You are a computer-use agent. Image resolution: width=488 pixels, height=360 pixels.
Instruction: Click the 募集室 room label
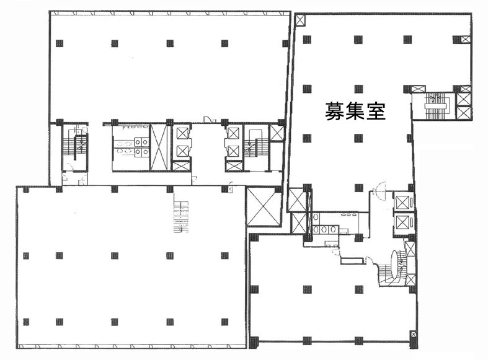[355, 111]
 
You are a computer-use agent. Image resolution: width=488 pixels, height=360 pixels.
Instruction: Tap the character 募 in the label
[335, 111]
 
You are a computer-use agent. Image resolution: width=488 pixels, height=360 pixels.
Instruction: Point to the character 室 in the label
[376, 111]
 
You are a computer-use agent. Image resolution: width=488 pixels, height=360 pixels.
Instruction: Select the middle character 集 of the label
[355, 111]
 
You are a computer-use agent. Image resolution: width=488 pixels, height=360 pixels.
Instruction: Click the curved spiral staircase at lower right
[394, 266]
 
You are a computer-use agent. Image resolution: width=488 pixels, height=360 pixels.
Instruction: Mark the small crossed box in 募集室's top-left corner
[300, 20]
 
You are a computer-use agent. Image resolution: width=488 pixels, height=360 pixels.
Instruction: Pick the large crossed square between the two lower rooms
[264, 206]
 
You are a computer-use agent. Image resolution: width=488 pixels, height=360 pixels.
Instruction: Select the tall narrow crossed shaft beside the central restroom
[159, 147]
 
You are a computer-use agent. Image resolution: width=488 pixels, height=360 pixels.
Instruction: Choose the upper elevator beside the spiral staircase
[402, 203]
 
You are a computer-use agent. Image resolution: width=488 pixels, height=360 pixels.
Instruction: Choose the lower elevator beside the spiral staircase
[402, 223]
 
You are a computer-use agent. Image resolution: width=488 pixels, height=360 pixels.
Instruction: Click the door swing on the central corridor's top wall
[211, 119]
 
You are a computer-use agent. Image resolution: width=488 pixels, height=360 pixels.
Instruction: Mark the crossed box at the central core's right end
[277, 133]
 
